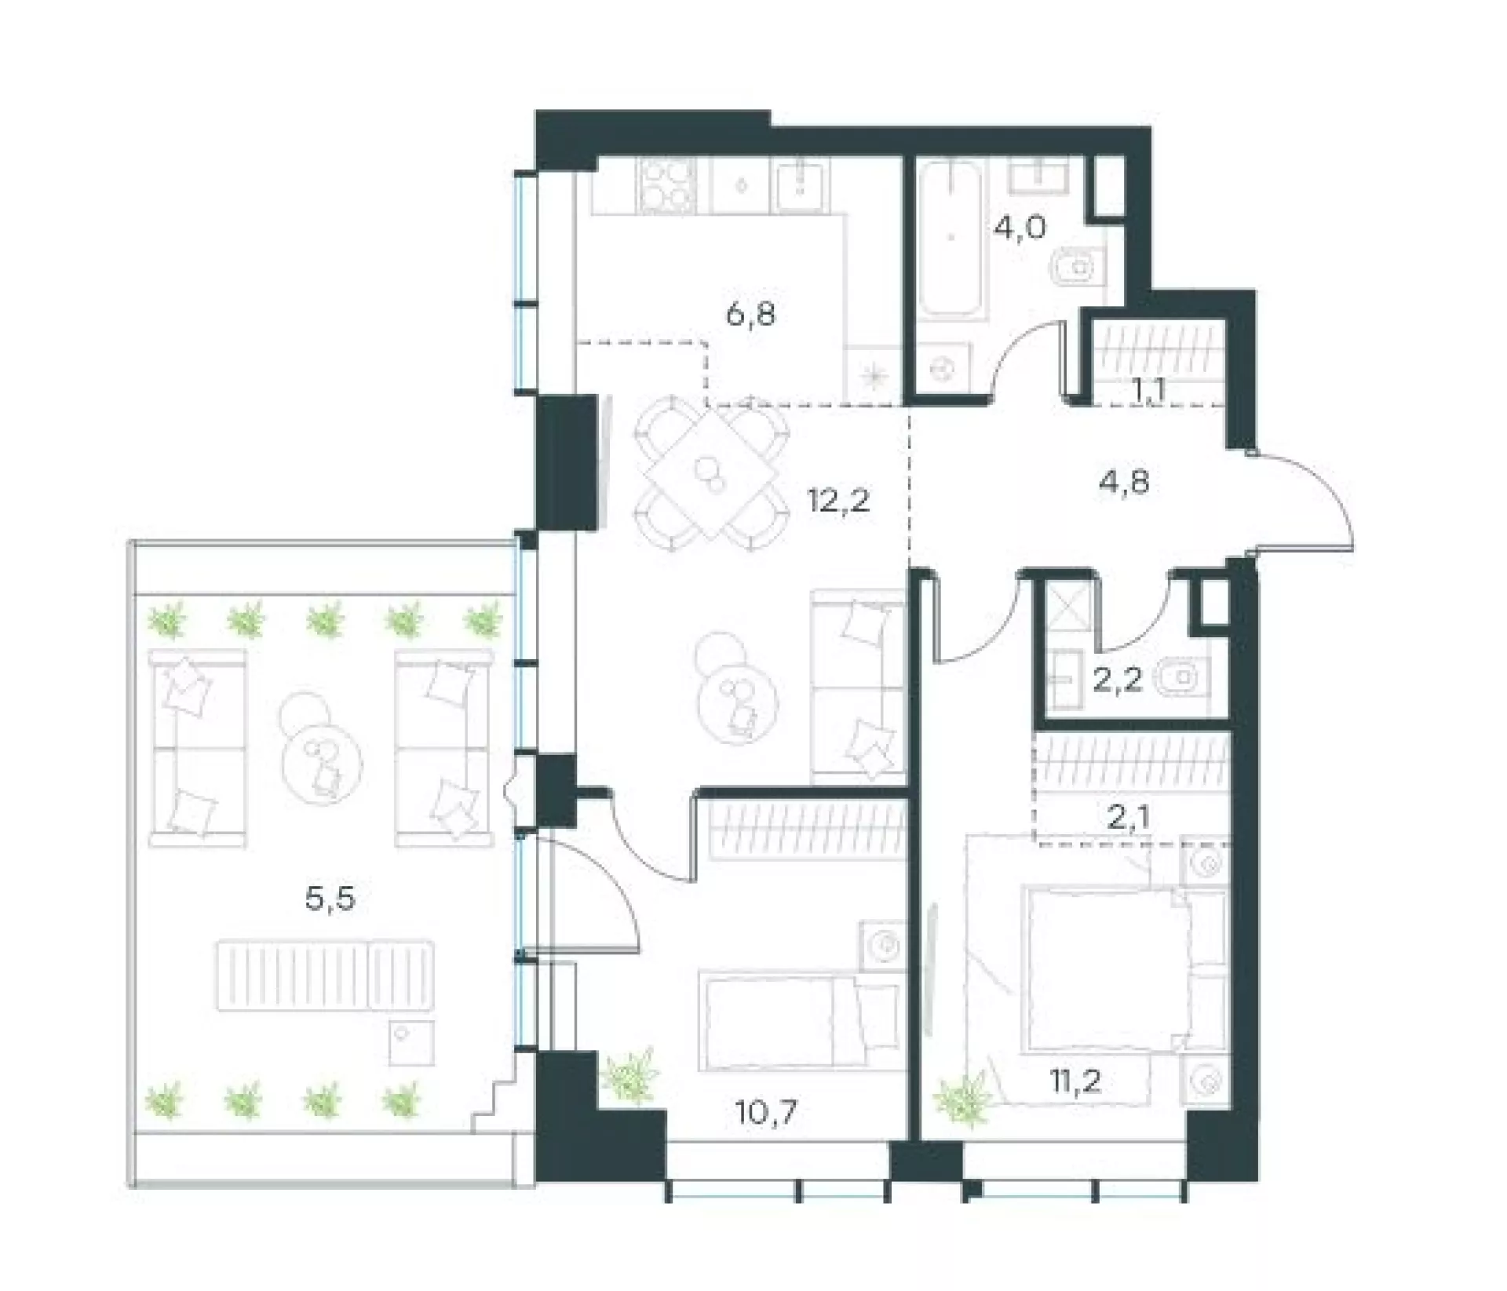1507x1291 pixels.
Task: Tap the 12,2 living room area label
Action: (x=839, y=500)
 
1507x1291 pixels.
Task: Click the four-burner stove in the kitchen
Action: (x=668, y=186)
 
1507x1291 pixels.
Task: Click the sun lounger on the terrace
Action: (x=325, y=975)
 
